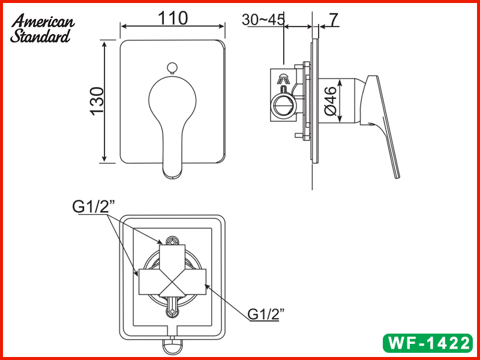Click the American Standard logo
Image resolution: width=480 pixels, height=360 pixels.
point(43,29)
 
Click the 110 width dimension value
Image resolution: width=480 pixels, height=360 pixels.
point(173,18)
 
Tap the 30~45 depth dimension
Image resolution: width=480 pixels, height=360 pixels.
point(263,19)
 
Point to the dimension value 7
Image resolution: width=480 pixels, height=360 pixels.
point(334,19)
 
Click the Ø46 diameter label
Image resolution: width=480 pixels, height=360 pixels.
point(330,102)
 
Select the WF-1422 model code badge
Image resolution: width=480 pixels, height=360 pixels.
point(428,343)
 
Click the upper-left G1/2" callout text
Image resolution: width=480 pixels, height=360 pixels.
point(94,206)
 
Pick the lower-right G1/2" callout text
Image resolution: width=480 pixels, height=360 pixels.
point(265,314)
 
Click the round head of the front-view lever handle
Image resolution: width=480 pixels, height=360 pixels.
point(173,98)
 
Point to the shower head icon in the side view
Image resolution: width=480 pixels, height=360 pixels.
point(283,77)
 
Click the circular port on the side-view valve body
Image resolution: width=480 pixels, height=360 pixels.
point(283,107)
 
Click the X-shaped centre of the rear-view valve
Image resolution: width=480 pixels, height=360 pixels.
point(173,281)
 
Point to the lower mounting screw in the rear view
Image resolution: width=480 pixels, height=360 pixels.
point(173,311)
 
